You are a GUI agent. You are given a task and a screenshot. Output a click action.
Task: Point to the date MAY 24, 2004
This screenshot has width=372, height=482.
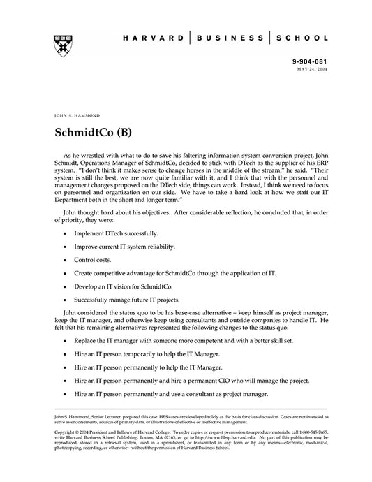[x=312, y=70]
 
